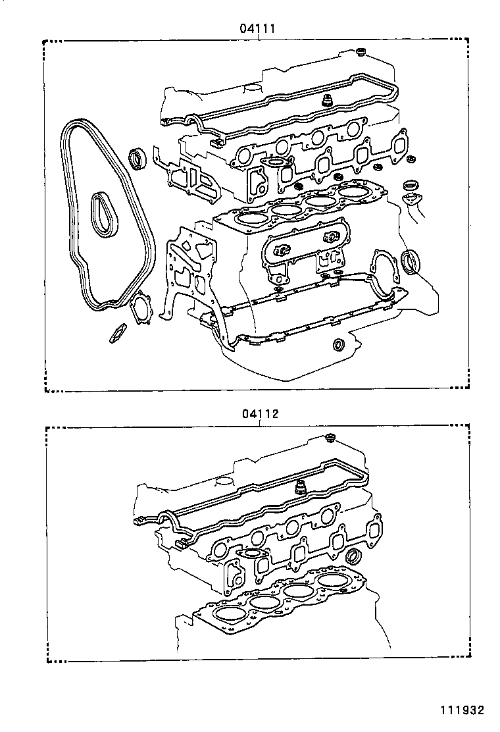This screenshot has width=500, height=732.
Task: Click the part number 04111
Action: [x=257, y=28]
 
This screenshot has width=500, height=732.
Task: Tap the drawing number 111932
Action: [x=462, y=710]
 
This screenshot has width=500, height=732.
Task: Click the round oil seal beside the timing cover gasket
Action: [x=138, y=159]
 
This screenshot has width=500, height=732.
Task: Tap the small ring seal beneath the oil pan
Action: [x=339, y=344]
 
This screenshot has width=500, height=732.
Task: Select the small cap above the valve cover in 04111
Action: [x=361, y=51]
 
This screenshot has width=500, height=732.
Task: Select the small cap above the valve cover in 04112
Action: [x=331, y=438]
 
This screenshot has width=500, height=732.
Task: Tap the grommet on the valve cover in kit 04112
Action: [x=302, y=487]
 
